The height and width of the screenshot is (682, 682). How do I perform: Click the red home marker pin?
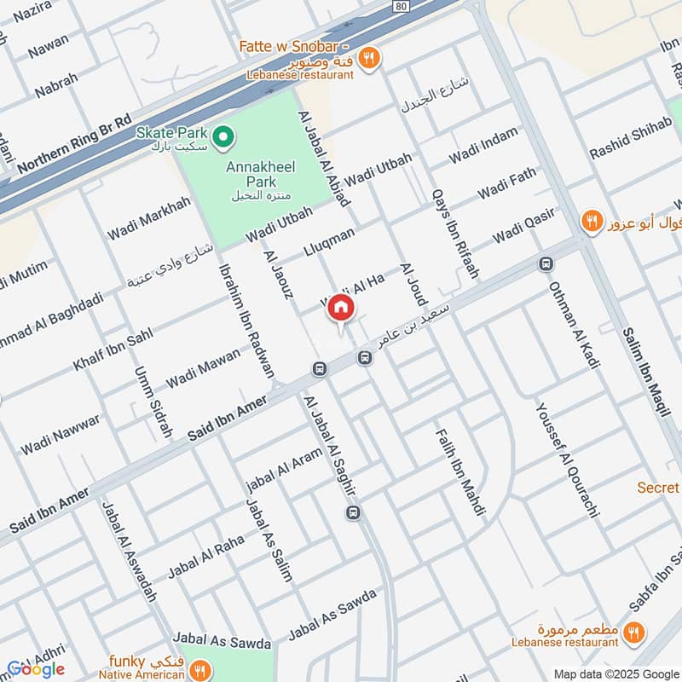pyautogui.click(x=341, y=309)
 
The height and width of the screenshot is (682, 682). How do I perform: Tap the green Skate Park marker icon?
pyautogui.click(x=223, y=135)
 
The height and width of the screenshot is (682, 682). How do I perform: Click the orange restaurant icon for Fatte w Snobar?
pyautogui.click(x=369, y=58)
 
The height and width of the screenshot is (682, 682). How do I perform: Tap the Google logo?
pyautogui.click(x=36, y=668)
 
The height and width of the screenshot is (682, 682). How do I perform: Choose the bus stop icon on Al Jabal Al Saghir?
pyautogui.click(x=354, y=511)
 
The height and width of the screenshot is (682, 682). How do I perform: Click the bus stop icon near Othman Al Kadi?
pyautogui.click(x=544, y=263)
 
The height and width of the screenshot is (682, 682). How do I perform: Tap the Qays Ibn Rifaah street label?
pyautogui.click(x=455, y=234)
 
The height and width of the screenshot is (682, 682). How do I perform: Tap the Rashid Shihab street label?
pyautogui.click(x=632, y=137)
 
